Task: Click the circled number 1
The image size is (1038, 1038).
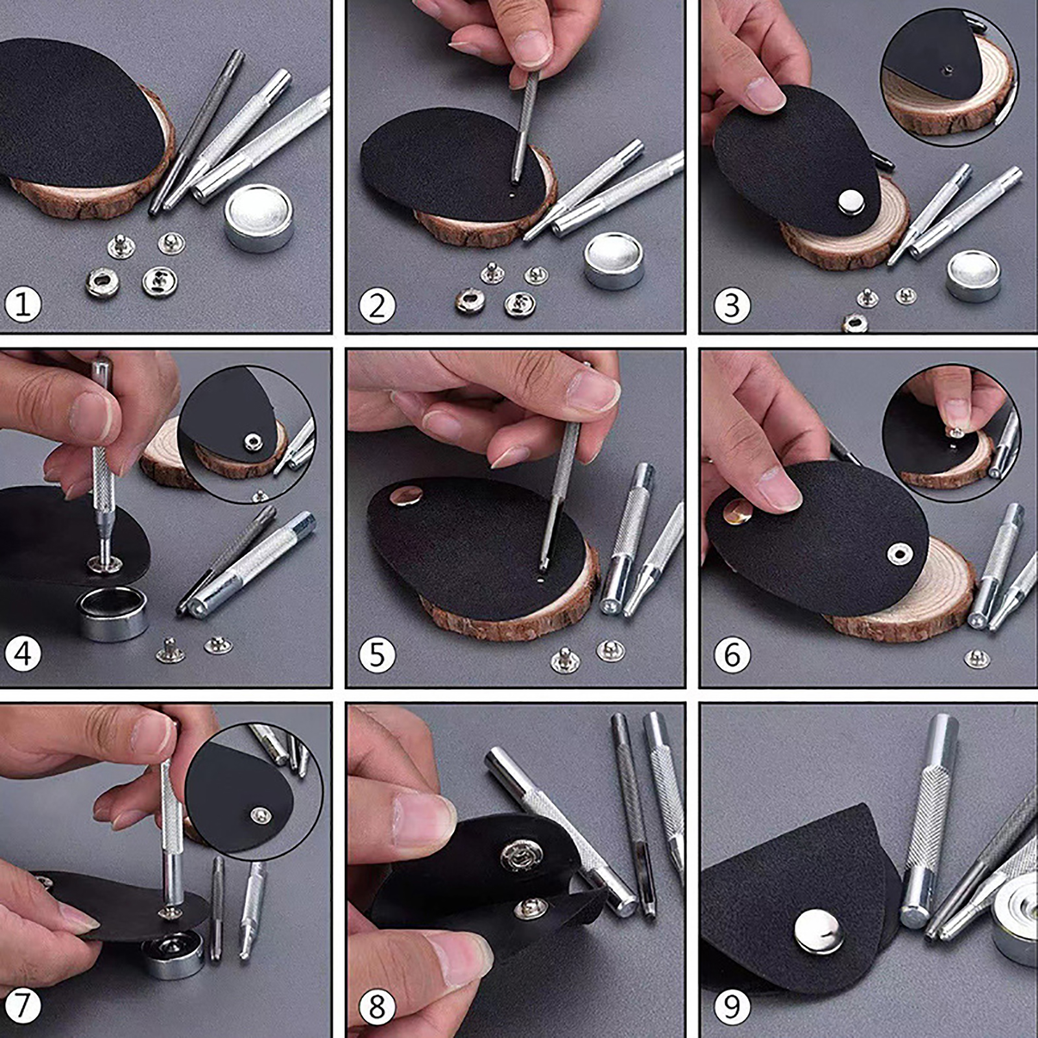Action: pos(23,304)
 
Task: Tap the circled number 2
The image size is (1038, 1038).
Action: pos(377,305)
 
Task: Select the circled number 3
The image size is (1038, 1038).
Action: pos(732,305)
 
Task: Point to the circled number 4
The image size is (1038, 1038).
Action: pos(23,654)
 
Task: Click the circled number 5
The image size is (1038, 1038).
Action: pos(377,654)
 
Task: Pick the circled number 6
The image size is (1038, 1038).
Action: pos(732,654)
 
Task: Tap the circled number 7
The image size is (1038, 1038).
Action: pos(23,1006)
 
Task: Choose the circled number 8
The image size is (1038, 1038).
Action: pos(377,1007)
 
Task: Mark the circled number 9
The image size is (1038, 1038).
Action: pos(732,1007)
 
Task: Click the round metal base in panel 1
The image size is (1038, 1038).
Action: pos(258,217)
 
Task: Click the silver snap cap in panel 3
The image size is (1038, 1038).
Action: pos(851,202)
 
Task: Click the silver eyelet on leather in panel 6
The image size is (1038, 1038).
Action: pos(899,553)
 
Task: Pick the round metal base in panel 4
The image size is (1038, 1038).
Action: pos(112,614)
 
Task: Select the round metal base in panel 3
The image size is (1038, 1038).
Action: pos(973,276)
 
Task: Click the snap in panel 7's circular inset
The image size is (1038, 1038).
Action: pos(260,814)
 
